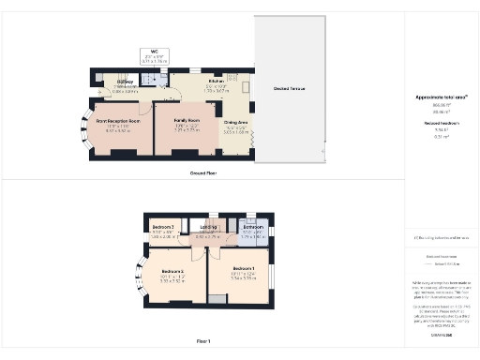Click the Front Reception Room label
(x=118, y=121)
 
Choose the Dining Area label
(x=236, y=122)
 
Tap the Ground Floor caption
(x=203, y=173)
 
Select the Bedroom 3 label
(x=164, y=228)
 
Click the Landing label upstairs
(x=209, y=227)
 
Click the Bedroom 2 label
(x=171, y=273)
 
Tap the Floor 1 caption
(x=204, y=341)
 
